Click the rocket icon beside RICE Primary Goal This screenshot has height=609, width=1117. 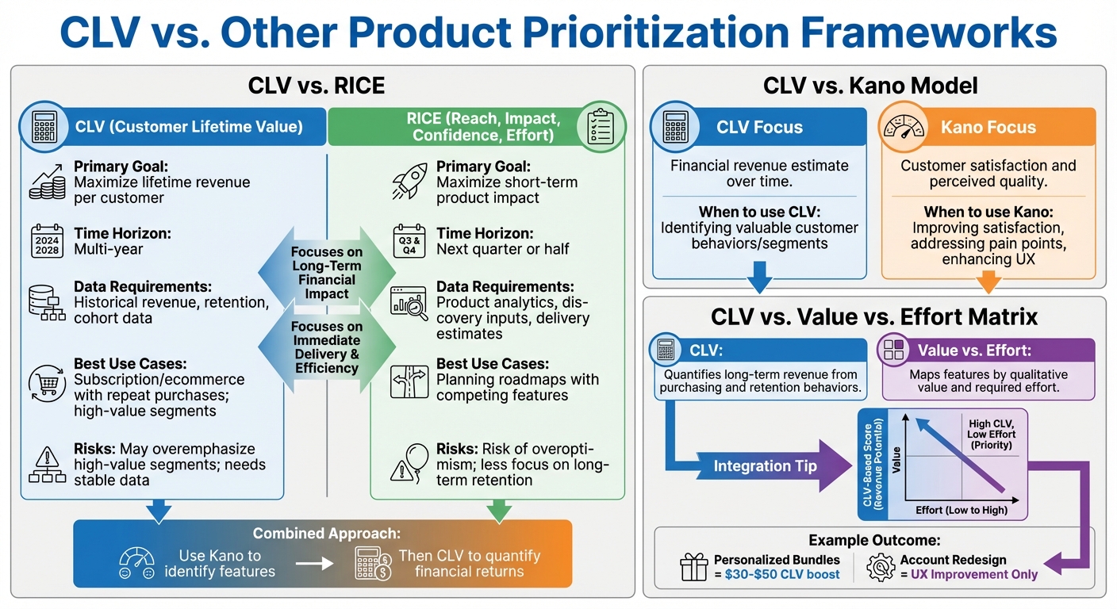click(x=409, y=182)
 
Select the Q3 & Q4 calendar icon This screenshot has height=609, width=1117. click(x=409, y=240)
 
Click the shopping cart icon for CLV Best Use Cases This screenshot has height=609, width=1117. click(x=48, y=381)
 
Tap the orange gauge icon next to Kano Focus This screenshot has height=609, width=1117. click(x=904, y=127)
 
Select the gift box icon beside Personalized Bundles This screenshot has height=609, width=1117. click(x=694, y=567)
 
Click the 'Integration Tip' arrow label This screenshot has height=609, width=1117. click(x=765, y=466)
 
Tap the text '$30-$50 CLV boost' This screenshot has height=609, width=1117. click(x=781, y=574)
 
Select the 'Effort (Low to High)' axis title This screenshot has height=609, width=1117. click(x=961, y=510)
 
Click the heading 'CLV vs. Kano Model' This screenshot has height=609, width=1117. click(x=869, y=86)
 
